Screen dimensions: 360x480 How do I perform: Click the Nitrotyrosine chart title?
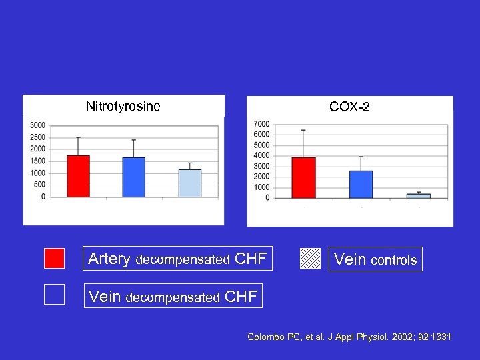[123, 106]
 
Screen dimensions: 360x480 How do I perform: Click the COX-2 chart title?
[349, 107]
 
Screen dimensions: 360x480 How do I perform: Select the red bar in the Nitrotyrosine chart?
[78, 176]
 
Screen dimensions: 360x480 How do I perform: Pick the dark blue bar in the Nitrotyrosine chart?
[134, 177]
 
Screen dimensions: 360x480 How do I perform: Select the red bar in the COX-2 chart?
[304, 177]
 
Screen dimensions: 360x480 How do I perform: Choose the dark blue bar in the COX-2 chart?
[361, 184]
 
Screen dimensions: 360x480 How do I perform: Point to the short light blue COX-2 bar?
[418, 195]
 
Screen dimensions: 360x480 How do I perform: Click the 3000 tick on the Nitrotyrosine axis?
[38, 125]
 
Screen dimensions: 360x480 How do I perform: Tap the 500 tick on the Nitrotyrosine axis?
[40, 185]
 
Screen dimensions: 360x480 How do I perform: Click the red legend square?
[54, 259]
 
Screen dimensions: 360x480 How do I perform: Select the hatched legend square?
[310, 259]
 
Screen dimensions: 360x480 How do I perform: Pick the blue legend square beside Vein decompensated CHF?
[54, 294]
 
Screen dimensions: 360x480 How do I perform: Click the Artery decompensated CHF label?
[177, 259]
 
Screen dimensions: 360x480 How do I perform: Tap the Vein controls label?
[375, 259]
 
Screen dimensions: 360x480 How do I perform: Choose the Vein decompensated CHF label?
[173, 296]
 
